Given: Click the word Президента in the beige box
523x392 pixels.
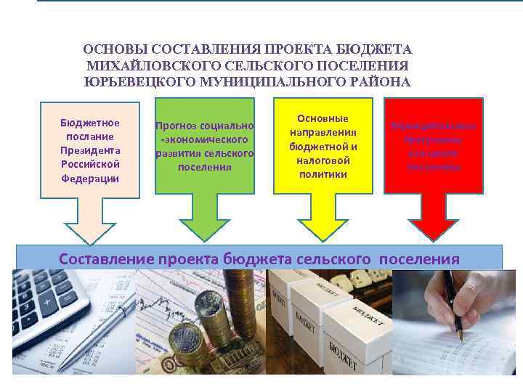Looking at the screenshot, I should click(x=90, y=150).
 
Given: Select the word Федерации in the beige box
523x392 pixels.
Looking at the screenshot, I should click(x=90, y=178).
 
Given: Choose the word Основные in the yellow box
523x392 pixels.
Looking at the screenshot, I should click(x=323, y=118).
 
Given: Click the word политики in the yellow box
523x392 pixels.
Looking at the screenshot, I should click(x=323, y=174).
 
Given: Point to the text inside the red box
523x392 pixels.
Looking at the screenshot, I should click(x=434, y=146).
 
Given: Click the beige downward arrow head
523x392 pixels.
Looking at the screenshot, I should click(x=89, y=225).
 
